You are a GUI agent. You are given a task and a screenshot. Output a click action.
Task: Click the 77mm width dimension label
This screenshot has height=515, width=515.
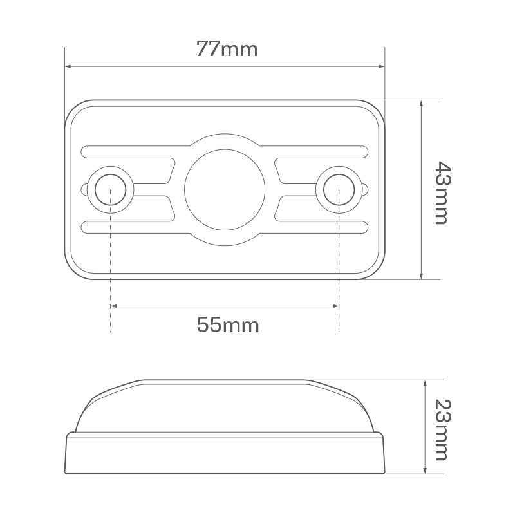pyautogui.click(x=227, y=50)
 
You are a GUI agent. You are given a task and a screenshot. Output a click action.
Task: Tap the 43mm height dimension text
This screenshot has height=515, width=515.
pyautogui.click(x=443, y=192)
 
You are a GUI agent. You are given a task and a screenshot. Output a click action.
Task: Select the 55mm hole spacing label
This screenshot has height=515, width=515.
pyautogui.click(x=228, y=325)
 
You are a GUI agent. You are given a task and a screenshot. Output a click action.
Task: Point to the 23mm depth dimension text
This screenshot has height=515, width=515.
pyautogui.click(x=443, y=430)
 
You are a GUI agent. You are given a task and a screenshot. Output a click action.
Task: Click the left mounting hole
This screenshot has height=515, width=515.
pyautogui.click(x=110, y=189)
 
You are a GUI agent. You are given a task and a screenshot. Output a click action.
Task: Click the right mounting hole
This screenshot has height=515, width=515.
pyautogui.click(x=339, y=189)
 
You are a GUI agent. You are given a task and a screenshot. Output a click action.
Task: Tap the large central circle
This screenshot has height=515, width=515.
pyautogui.click(x=225, y=189)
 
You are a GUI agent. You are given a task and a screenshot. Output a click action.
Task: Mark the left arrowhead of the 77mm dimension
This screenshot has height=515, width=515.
pyautogui.click(x=68, y=66)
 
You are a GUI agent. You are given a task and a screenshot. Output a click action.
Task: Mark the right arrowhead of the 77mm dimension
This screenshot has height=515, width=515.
pyautogui.click(x=381, y=66)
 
